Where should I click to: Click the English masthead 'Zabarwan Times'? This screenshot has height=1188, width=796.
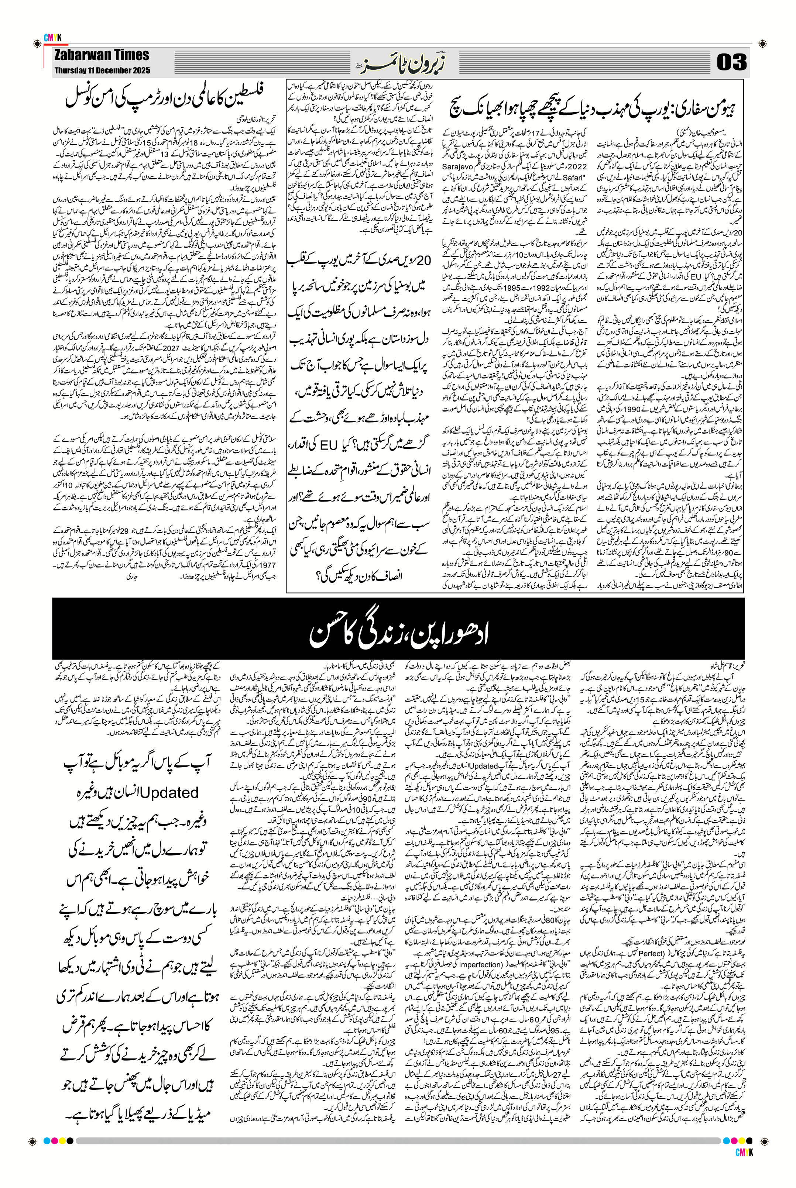[x=102, y=55]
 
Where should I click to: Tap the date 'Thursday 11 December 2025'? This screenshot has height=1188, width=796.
[x=102, y=70]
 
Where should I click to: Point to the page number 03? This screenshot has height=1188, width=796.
[x=731, y=62]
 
